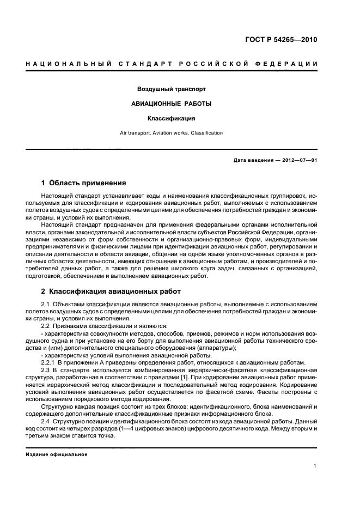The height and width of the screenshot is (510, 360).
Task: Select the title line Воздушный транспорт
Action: coord(171,88)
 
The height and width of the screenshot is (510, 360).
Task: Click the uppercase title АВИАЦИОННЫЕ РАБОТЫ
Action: coord(171,103)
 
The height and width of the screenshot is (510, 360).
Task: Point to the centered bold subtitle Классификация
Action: coord(171,118)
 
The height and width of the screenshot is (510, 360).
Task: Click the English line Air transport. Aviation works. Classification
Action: coord(171,132)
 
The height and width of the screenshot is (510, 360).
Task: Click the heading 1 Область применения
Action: coord(84,183)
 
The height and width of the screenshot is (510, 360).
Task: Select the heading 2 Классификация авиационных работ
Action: coord(111,292)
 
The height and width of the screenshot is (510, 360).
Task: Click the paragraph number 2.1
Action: coord(46,304)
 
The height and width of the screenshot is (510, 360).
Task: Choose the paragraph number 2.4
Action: coord(46,421)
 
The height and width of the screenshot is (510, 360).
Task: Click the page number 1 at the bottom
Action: coord(315,466)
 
